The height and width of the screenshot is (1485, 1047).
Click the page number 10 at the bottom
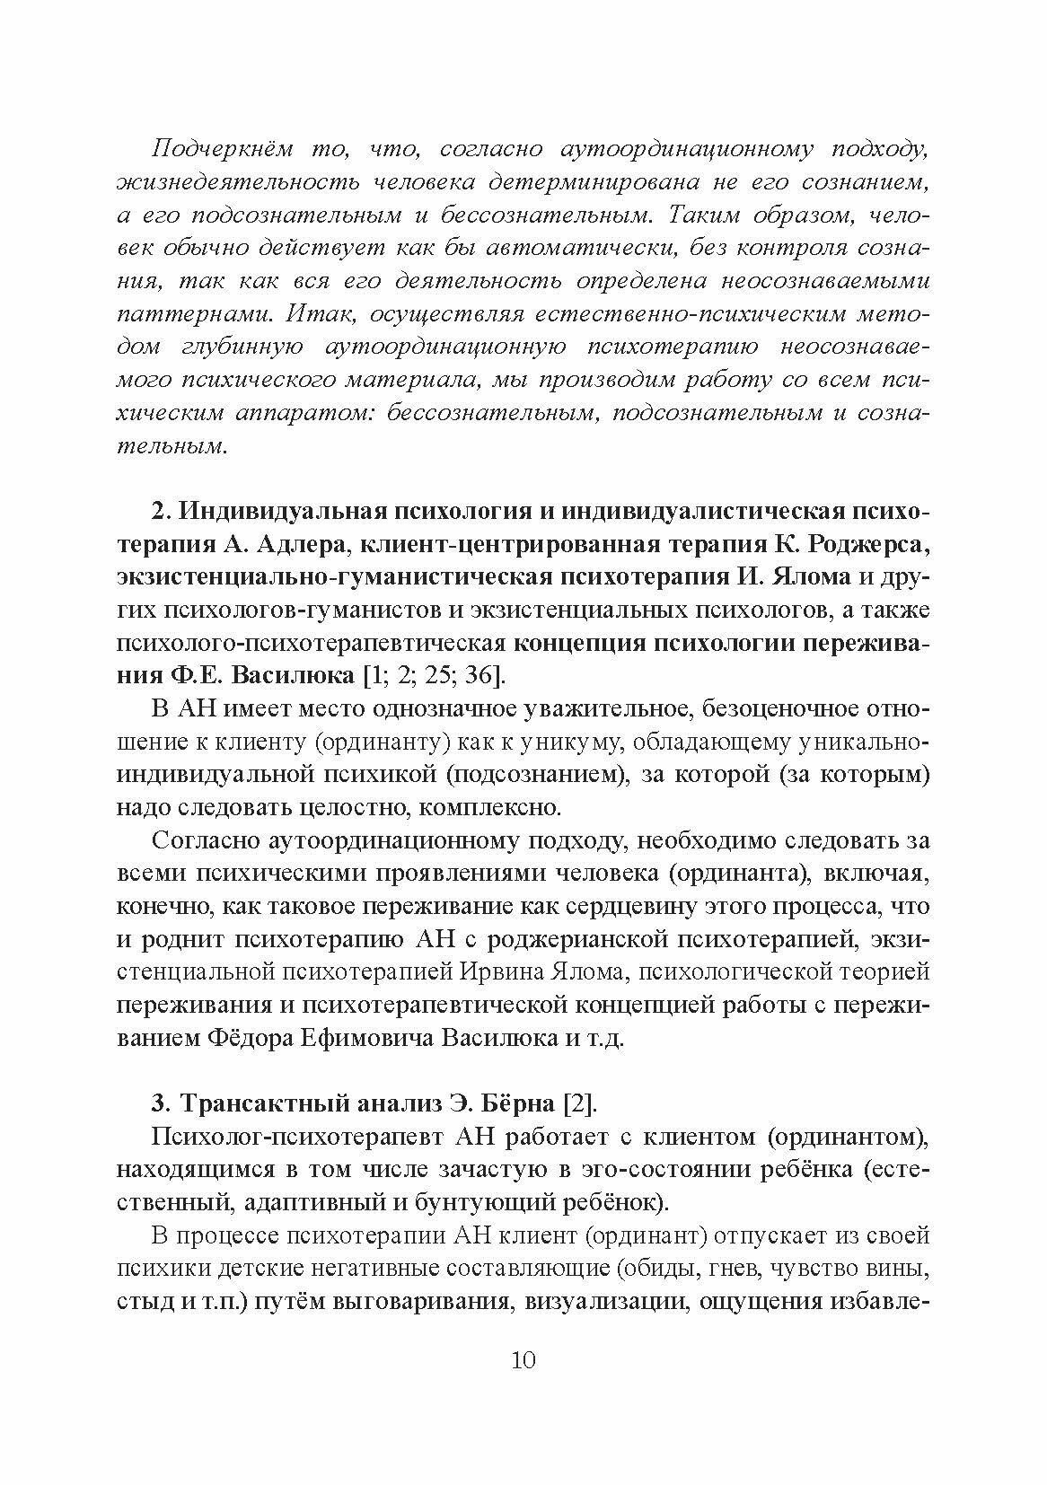point(523,1359)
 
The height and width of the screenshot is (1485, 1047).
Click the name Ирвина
point(492,973)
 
